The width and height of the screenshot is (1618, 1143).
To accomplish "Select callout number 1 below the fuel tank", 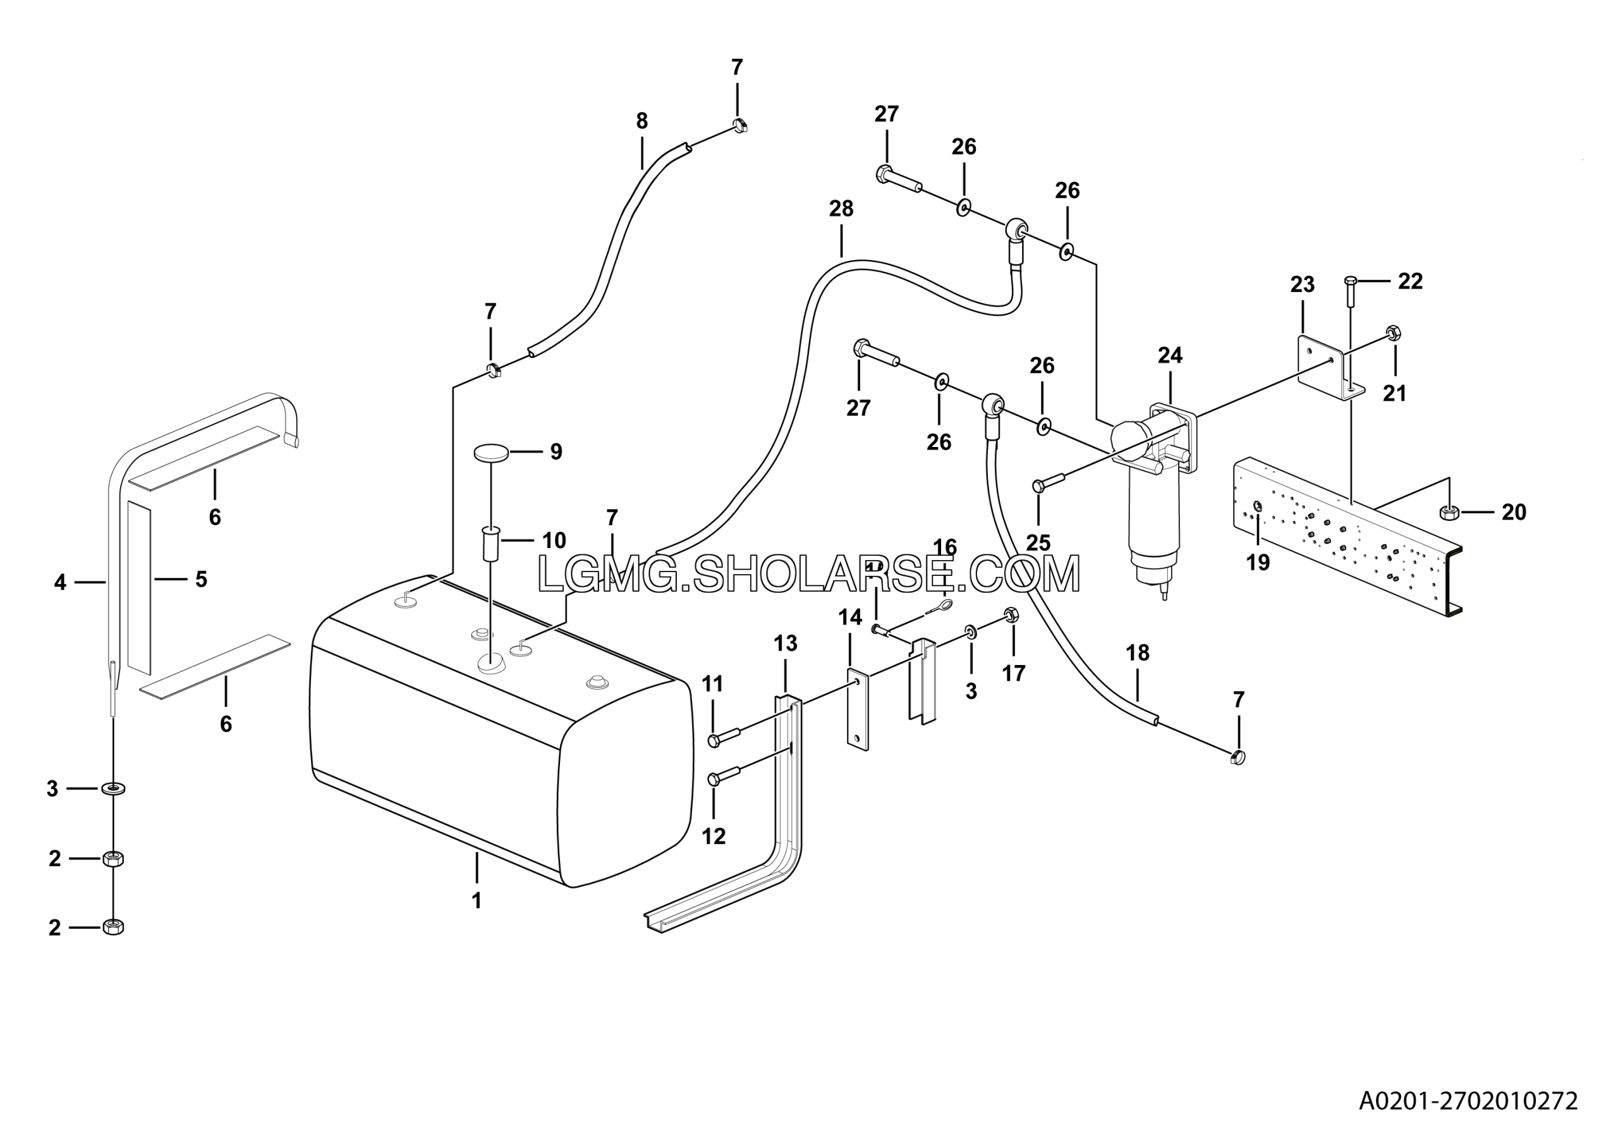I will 477,901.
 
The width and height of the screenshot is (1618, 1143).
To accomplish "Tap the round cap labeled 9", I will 491,453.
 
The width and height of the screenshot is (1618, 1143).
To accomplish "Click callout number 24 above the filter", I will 1170,356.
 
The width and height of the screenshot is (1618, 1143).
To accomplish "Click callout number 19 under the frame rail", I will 1258,563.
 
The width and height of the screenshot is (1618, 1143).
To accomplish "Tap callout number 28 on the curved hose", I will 841,209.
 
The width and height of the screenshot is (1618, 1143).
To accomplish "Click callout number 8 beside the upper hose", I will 642,121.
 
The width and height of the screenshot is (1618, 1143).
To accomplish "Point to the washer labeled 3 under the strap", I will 112,788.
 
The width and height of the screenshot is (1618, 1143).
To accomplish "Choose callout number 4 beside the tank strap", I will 60,582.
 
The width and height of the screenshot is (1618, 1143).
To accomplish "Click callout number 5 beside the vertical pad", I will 201,579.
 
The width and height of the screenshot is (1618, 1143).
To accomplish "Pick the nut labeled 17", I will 1010,615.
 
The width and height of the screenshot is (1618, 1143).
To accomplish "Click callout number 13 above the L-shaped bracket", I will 785,644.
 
